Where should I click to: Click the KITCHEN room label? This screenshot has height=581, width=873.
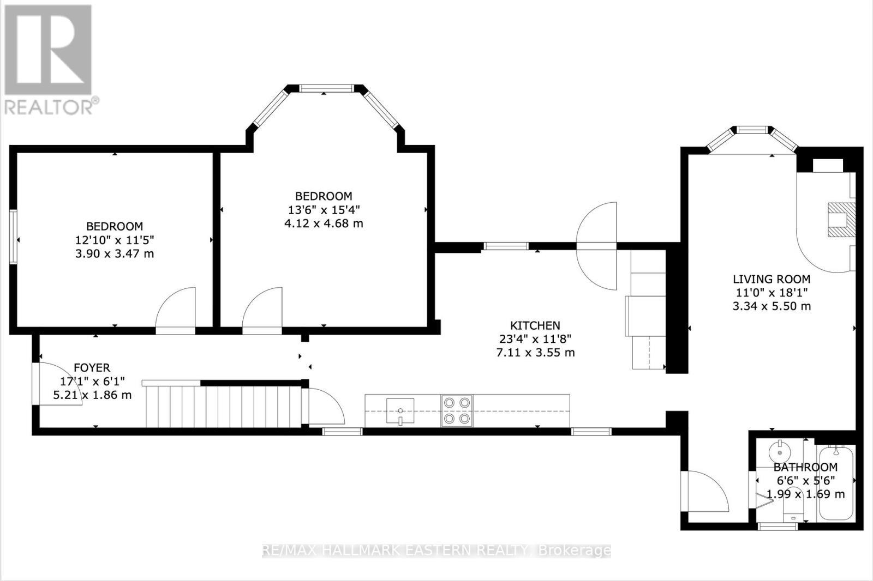[535, 325]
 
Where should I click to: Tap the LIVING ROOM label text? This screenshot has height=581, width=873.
[771, 279]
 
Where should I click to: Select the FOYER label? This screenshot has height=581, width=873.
[92, 368]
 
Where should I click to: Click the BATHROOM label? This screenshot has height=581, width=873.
[805, 467]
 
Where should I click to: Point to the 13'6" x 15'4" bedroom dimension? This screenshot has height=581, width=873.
[324, 209]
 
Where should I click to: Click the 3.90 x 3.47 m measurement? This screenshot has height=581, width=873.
[115, 253]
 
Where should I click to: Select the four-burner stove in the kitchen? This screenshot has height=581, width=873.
[457, 410]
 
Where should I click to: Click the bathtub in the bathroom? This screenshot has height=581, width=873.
[835, 482]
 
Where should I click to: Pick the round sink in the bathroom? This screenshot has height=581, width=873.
[779, 452]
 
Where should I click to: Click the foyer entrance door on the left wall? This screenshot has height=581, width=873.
[55, 384]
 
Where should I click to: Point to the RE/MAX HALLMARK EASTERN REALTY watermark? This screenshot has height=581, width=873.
[436, 550]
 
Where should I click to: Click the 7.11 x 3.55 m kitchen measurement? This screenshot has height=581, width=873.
[535, 353]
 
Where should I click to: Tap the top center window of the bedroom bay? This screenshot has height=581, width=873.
[327, 88]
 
